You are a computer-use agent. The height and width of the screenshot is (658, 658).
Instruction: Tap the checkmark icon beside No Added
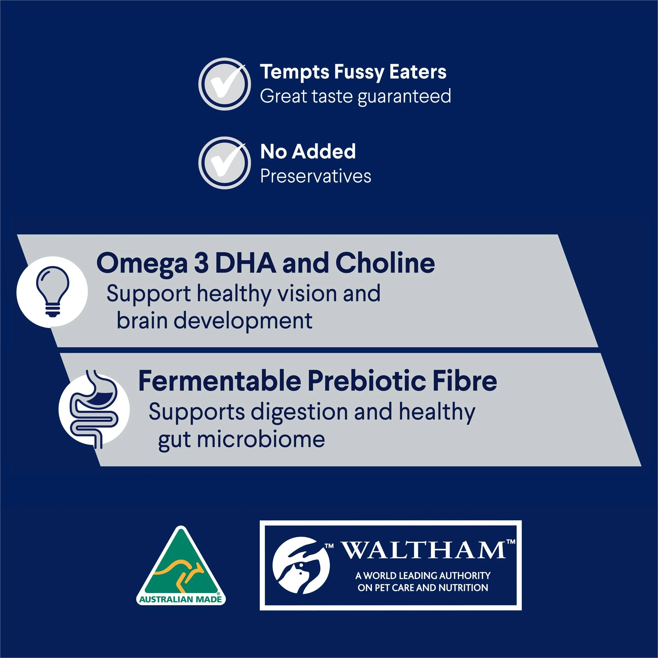[x=225, y=163]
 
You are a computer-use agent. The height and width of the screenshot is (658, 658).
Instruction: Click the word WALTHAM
[x=424, y=550]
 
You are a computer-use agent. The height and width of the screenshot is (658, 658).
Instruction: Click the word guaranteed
[x=404, y=97]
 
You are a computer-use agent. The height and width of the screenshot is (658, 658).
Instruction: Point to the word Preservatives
[x=316, y=176]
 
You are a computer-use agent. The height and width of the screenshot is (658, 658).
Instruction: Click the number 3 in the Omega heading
[x=201, y=263]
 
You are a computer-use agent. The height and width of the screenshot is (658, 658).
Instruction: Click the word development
[x=243, y=321]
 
